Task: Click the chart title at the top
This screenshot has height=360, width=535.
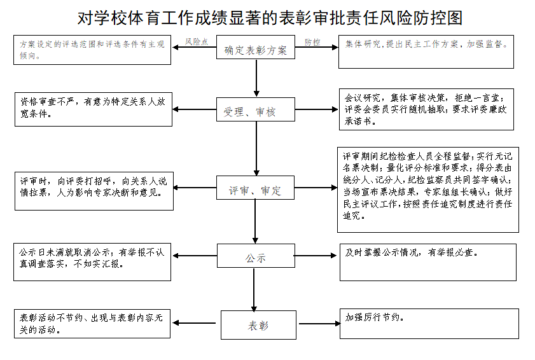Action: (x=267, y=18)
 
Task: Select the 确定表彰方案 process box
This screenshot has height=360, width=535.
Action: (x=256, y=50)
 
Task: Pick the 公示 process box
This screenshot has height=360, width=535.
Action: (x=256, y=259)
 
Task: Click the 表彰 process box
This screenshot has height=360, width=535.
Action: (x=258, y=325)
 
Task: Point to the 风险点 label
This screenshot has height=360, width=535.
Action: (x=197, y=41)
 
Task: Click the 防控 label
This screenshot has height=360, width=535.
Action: (x=312, y=41)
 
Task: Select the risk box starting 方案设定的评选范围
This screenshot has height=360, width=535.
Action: (x=93, y=50)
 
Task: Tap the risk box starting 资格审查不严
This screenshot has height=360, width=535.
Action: (x=93, y=109)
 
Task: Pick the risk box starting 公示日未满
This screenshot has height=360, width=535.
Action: (x=93, y=261)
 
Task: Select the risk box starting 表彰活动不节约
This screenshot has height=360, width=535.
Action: (x=93, y=324)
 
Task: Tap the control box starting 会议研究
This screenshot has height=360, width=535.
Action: (x=426, y=109)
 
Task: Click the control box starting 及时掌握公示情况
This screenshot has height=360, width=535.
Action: (x=427, y=261)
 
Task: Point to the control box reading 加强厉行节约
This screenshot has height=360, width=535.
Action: (x=427, y=324)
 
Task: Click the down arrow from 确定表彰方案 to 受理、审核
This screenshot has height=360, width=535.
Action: (x=256, y=80)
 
